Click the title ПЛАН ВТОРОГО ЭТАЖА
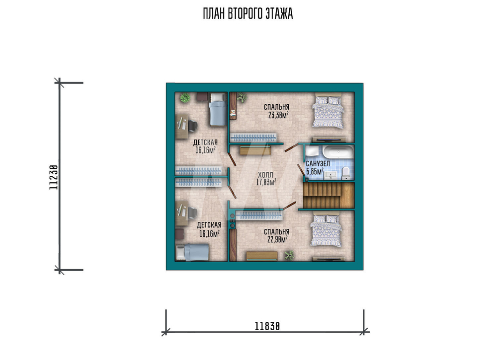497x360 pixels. (x=248, y=13)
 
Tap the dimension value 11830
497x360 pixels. (x=267, y=326)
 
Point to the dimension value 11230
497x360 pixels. (x=54, y=177)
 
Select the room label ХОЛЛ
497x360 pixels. (x=265, y=175)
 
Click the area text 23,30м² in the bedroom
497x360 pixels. (x=278, y=115)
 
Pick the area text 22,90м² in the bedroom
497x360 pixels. (x=277, y=239)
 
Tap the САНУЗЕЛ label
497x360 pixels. (x=318, y=164)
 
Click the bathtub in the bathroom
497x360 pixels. (x=338, y=152)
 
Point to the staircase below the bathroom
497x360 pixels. (x=329, y=195)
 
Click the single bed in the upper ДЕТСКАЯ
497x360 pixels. (x=218, y=109)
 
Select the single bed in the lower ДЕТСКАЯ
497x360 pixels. (x=192, y=252)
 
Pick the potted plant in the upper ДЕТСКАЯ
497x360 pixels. (x=185, y=97)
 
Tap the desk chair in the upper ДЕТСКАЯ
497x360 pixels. (x=193, y=126)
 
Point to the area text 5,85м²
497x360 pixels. (x=315, y=171)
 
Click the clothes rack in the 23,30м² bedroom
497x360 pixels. (x=253, y=137)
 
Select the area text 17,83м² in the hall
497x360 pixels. (x=266, y=182)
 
